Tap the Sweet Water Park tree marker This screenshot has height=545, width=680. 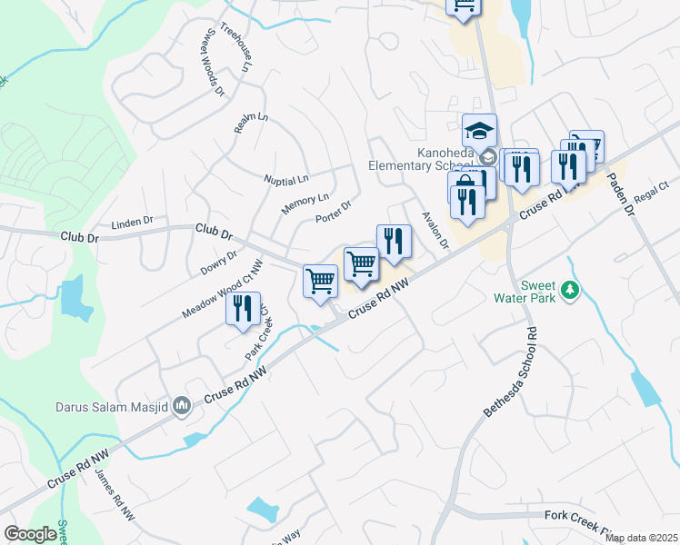click(570, 291)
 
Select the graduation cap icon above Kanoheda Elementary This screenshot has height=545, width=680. click(479, 131)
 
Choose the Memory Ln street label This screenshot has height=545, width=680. click(305, 203)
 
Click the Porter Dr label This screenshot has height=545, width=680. click(333, 213)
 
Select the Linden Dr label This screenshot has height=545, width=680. click(133, 222)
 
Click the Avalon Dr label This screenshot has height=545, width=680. click(436, 231)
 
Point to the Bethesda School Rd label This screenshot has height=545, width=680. click(513, 373)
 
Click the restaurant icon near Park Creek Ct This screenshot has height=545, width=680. click(244, 308)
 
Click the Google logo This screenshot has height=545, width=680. click(30, 534)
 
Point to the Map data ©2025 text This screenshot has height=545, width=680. click(641, 538)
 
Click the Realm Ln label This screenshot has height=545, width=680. click(251, 123)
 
